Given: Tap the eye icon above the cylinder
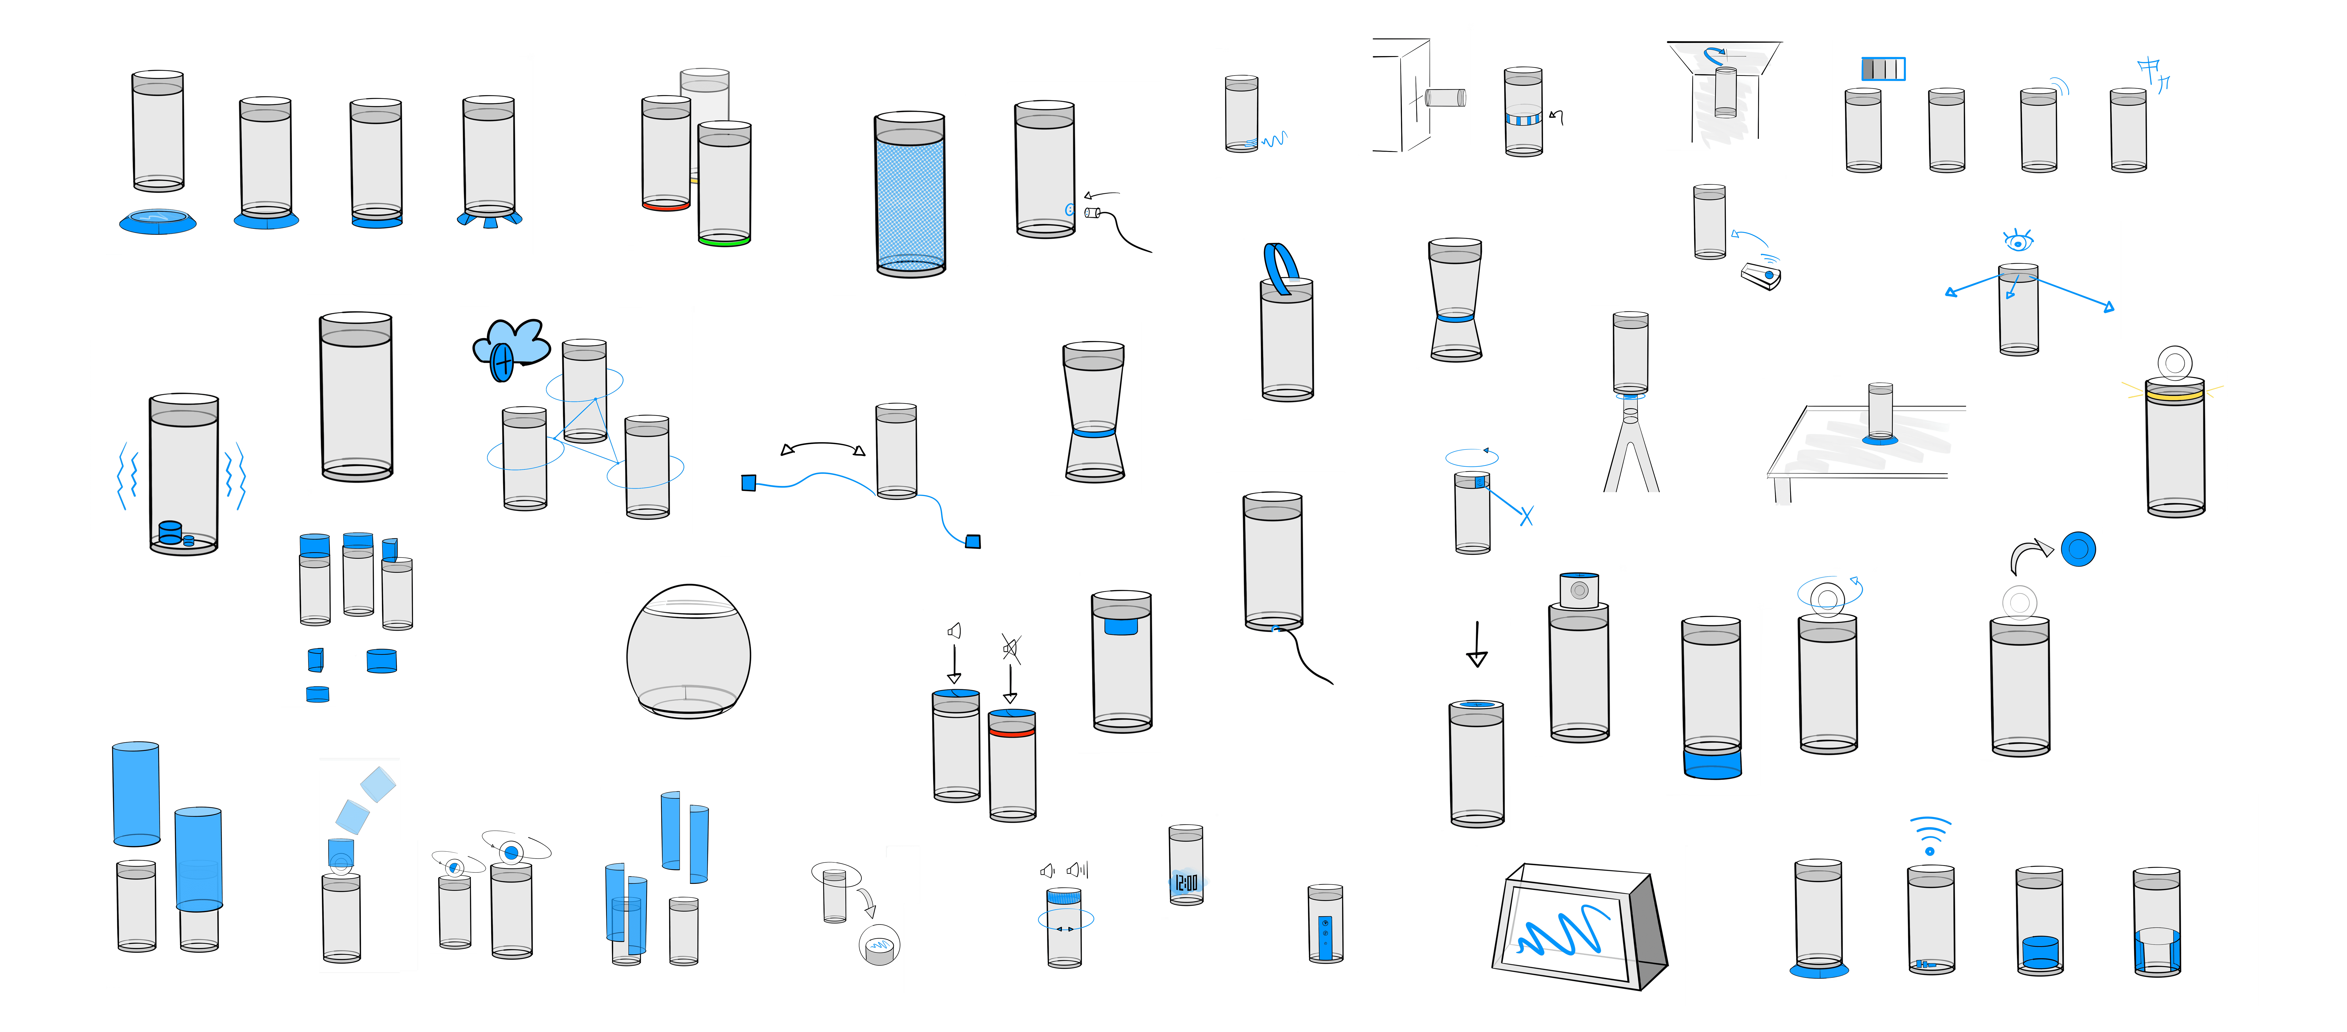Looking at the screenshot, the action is point(2018,240).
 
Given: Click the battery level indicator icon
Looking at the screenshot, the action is point(1883,68).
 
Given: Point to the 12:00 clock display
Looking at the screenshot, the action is point(1186,882).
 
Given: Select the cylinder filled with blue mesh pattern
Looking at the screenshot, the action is point(909,196).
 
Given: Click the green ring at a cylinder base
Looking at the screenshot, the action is point(724,241).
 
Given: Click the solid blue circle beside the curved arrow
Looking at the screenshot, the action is point(2078,548).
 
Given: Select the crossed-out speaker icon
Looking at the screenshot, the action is point(1010,649).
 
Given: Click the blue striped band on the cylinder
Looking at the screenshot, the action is point(1522,118).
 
